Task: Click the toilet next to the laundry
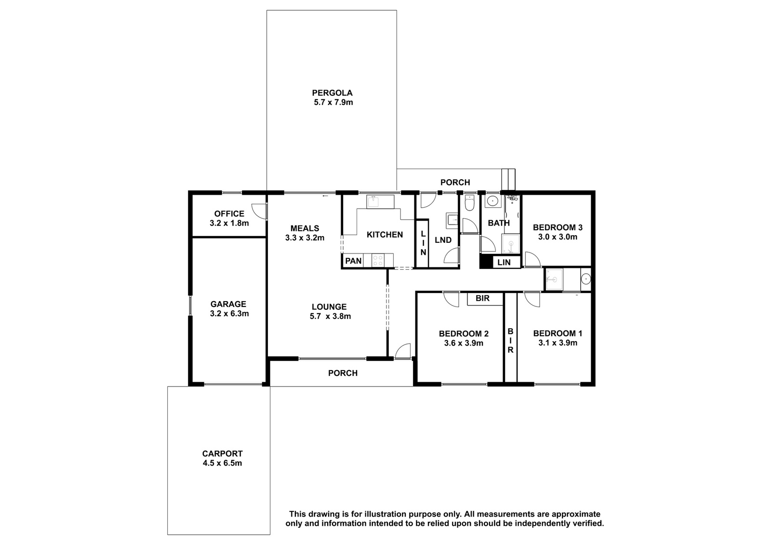[x=469, y=203]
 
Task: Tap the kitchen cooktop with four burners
[x=378, y=260]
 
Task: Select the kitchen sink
[x=380, y=202]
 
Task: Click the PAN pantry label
[x=354, y=261]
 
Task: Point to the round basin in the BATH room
[x=493, y=201]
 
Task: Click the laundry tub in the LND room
[x=452, y=221]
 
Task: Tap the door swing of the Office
[x=259, y=211]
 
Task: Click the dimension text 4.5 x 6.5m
[x=222, y=463]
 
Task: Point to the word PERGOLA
[x=332, y=93]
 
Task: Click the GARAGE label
[x=228, y=305]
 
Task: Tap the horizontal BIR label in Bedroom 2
[x=482, y=298]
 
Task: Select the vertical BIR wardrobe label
[x=510, y=341]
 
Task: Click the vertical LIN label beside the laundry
[x=423, y=243]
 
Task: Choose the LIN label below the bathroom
[x=504, y=262]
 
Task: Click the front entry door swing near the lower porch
[x=403, y=351]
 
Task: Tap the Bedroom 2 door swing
[x=451, y=300]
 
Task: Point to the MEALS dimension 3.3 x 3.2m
[x=305, y=238]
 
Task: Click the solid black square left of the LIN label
[x=486, y=262]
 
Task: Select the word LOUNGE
[x=329, y=307]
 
